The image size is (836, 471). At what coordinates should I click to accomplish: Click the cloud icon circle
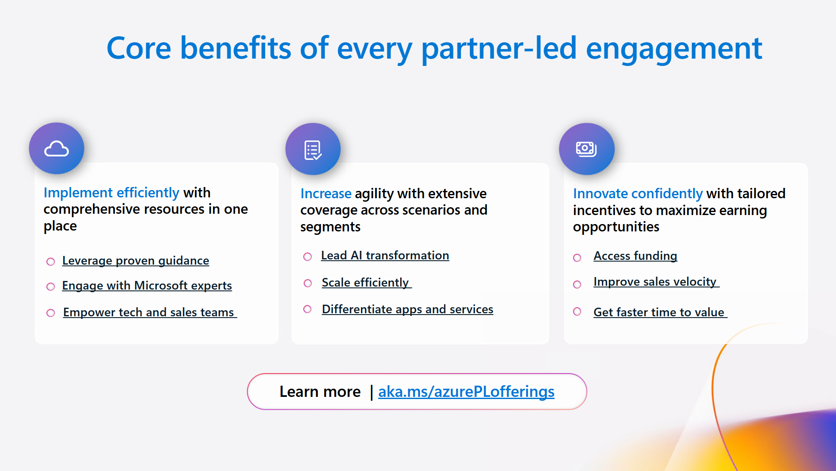(x=56, y=149)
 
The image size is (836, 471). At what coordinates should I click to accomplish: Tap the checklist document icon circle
(x=313, y=150)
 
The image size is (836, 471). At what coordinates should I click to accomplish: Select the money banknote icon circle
(x=586, y=149)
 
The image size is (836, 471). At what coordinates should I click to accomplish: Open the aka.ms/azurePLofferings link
(x=466, y=392)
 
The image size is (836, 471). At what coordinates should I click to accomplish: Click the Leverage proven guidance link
(x=136, y=261)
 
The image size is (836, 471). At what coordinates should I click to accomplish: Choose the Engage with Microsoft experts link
(x=147, y=286)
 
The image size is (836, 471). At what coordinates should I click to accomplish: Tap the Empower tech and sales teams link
(x=149, y=312)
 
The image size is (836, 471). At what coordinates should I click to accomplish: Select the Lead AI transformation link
(x=385, y=256)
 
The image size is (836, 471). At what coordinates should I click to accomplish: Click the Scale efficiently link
(x=366, y=283)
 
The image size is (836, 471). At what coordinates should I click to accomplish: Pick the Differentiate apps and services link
(x=407, y=309)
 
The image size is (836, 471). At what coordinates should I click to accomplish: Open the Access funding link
(x=635, y=256)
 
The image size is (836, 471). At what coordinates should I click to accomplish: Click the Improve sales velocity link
(x=655, y=282)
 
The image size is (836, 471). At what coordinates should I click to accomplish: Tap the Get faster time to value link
(x=659, y=312)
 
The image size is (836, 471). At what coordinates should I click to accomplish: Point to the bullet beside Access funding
(x=577, y=258)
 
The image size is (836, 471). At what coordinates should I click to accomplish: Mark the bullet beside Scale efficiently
(x=308, y=283)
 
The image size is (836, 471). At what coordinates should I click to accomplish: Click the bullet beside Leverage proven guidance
(x=51, y=262)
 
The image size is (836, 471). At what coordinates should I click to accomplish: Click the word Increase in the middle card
(x=326, y=194)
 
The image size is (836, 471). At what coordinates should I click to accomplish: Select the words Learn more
(x=320, y=392)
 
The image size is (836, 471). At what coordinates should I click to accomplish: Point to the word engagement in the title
(x=674, y=48)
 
